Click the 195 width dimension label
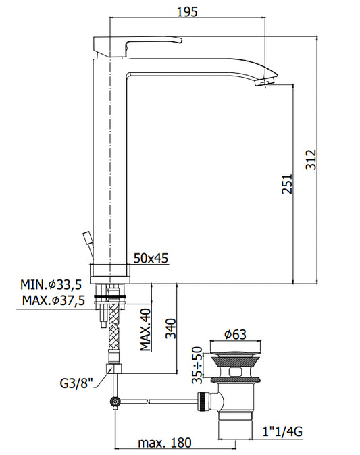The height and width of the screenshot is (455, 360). click(x=187, y=11)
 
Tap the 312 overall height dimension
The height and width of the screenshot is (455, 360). click(x=311, y=159)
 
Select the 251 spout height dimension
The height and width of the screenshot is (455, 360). click(x=287, y=184)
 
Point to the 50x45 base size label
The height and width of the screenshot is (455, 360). click(x=151, y=258)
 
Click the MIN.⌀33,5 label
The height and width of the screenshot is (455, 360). click(x=51, y=285)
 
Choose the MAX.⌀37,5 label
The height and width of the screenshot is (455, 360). click(x=54, y=300)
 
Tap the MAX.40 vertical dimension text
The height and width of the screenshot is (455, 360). click(x=146, y=329)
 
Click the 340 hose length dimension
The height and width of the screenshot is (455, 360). click(x=171, y=329)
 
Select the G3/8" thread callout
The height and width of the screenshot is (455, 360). click(x=76, y=383)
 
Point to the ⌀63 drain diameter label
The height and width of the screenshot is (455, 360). click(x=235, y=334)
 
